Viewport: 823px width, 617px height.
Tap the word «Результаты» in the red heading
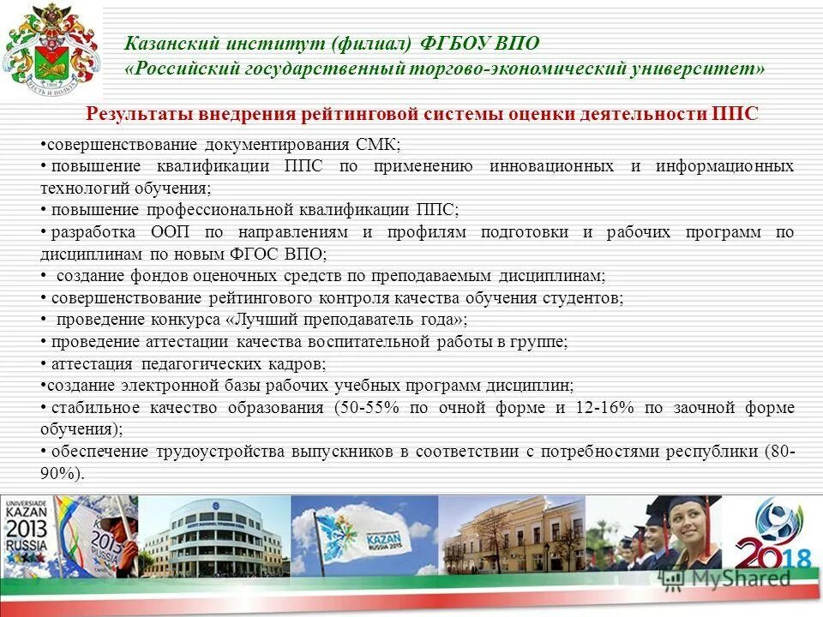pos(141,115)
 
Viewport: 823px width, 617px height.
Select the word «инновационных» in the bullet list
pos(551,165)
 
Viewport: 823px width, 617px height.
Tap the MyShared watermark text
pos(737,578)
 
